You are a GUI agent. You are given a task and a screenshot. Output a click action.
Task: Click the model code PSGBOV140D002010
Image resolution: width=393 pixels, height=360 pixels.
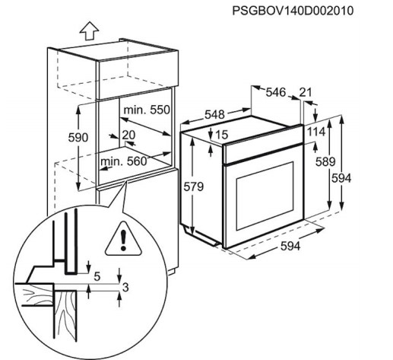[x=293, y=11]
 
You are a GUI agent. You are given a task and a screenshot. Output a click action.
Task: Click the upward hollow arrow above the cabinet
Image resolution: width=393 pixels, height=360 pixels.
[x=89, y=30]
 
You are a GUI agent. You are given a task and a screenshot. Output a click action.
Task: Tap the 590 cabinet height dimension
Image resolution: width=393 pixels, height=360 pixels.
[x=78, y=138]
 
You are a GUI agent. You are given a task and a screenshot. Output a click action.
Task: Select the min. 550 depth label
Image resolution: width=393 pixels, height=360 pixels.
[x=147, y=110]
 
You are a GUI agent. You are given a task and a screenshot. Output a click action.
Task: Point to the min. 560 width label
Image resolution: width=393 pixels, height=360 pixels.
[x=124, y=161]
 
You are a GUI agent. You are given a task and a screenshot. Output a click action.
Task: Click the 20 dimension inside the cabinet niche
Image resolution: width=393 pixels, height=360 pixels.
[x=128, y=135]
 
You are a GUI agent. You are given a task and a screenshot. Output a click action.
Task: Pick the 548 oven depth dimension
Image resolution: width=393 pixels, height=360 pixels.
[x=214, y=114]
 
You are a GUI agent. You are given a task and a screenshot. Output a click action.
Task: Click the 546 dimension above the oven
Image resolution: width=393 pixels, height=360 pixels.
[x=276, y=92]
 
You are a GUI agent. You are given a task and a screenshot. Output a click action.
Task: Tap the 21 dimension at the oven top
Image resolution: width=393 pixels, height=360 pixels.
[x=306, y=92]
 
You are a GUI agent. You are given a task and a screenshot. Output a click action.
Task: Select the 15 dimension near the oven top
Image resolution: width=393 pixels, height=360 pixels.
[x=222, y=135]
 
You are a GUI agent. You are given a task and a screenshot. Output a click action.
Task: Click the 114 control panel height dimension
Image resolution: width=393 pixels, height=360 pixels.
[x=316, y=132]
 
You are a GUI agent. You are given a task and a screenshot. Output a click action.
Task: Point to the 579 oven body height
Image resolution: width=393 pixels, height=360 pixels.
[x=194, y=187]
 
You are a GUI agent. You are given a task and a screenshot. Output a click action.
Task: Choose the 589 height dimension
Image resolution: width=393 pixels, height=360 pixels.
[x=325, y=161]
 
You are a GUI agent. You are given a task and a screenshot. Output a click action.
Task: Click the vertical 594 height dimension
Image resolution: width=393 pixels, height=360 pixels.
[x=341, y=178]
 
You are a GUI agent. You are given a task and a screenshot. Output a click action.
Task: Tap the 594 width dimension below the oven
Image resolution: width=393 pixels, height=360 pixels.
[x=290, y=246]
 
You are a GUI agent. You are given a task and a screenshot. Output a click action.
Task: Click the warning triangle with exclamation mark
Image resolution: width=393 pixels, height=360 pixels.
[x=123, y=239]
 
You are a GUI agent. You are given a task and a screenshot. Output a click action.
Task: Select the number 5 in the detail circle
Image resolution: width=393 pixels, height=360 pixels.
[x=97, y=276]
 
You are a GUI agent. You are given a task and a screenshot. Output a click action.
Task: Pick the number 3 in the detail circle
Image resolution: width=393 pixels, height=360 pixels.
[x=125, y=288]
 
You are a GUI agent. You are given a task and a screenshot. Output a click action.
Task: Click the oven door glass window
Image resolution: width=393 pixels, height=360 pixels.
[x=265, y=196]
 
